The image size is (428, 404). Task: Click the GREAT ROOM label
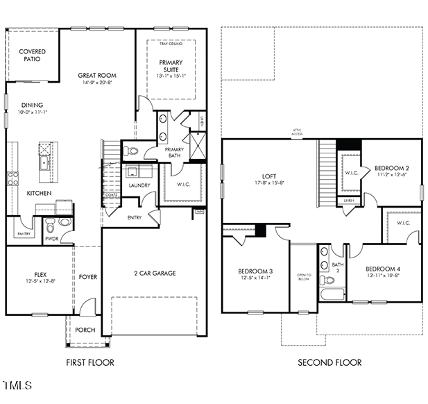click(x=96, y=75)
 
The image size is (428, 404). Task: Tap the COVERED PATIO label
click(x=32, y=56)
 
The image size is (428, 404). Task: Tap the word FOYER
click(x=88, y=277)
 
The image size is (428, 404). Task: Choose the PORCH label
click(x=85, y=330)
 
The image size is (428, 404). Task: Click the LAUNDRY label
click(x=139, y=185)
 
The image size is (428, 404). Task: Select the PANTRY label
click(x=23, y=234)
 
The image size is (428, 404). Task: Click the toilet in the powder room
click(x=65, y=222)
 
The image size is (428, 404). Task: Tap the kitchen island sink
click(x=44, y=164)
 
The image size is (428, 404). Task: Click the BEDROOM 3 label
click(x=255, y=271)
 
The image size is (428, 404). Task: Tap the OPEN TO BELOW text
click(x=303, y=277)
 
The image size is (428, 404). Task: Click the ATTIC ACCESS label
click(x=297, y=133)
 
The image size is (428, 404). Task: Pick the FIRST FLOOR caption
click(x=89, y=362)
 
